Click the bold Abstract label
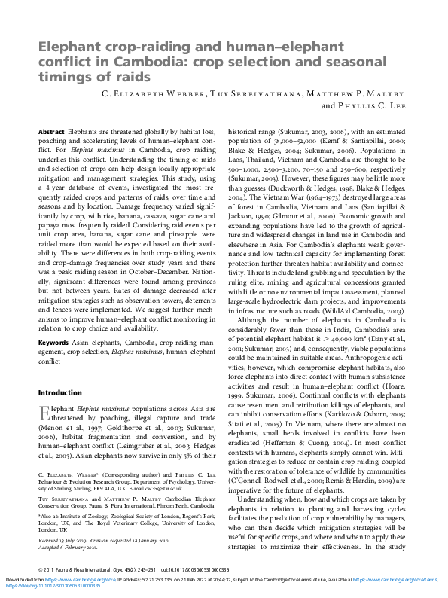[x=50, y=131]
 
